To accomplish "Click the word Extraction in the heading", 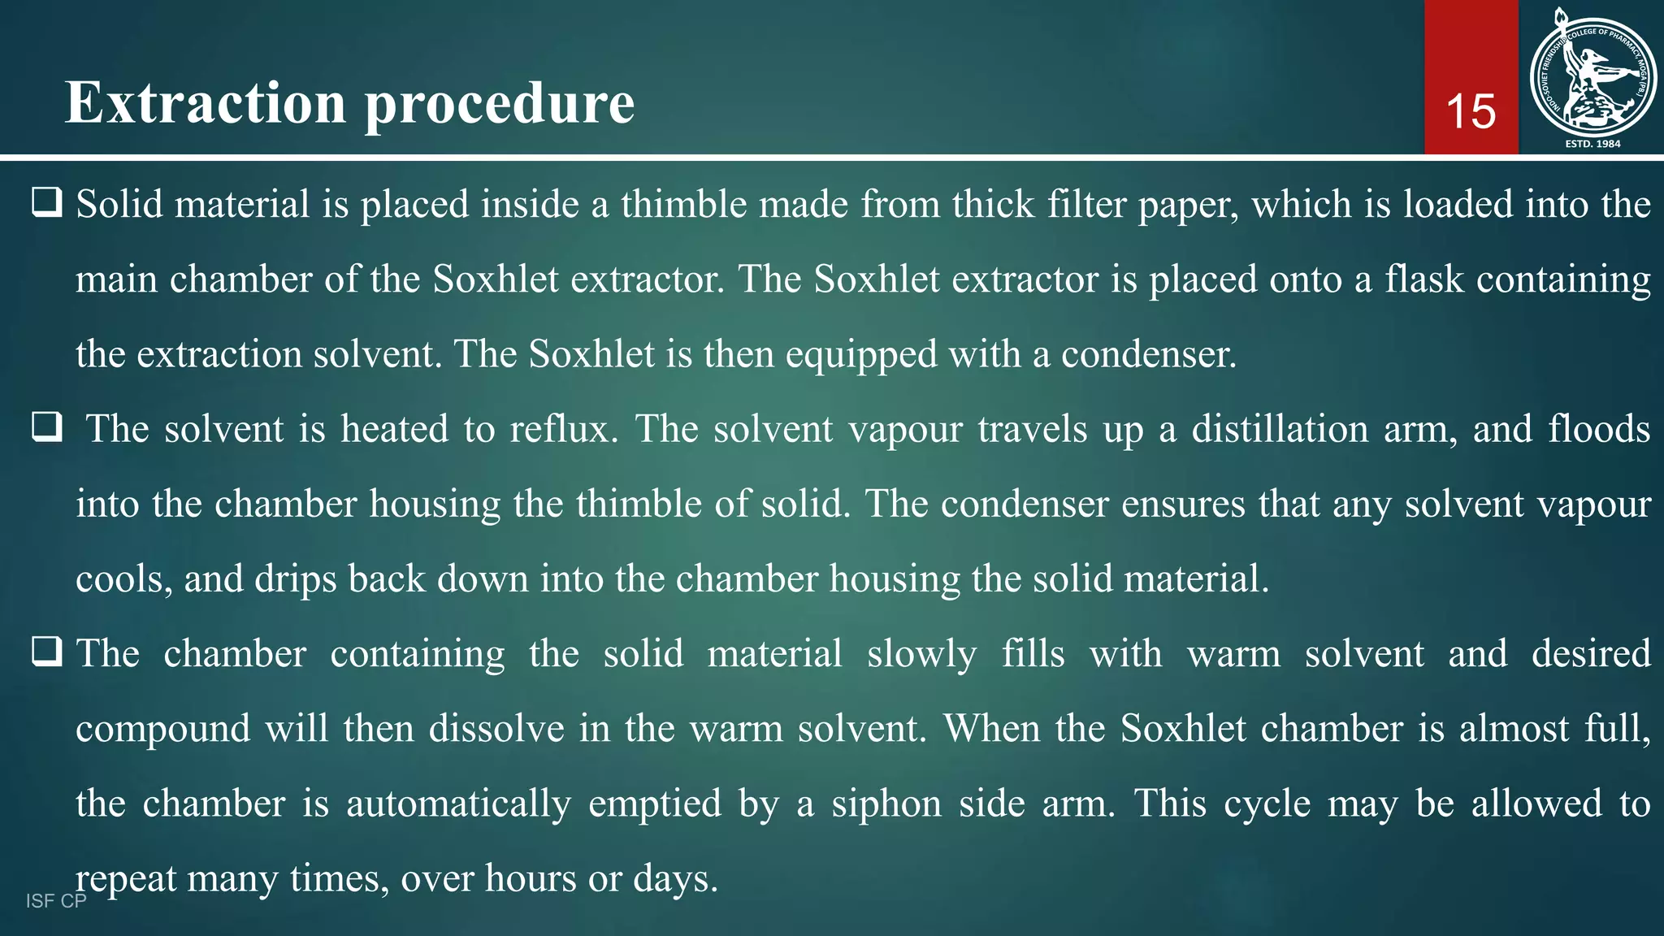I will pyautogui.click(x=206, y=103).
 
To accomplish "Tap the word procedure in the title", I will pyautogui.click(x=499, y=105).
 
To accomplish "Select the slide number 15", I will pyautogui.click(x=1471, y=111).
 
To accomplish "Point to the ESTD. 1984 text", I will pyautogui.click(x=1592, y=144).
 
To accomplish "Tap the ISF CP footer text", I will pyautogui.click(x=56, y=901).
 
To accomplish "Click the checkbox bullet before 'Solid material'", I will pyautogui.click(x=47, y=202).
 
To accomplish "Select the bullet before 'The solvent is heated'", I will pyautogui.click(x=47, y=427).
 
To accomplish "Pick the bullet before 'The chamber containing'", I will pyautogui.click(x=47, y=652).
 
